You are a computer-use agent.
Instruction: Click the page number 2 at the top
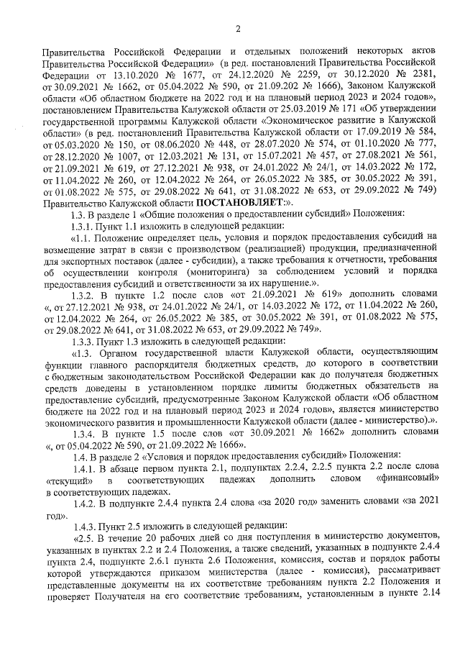[236, 29]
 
